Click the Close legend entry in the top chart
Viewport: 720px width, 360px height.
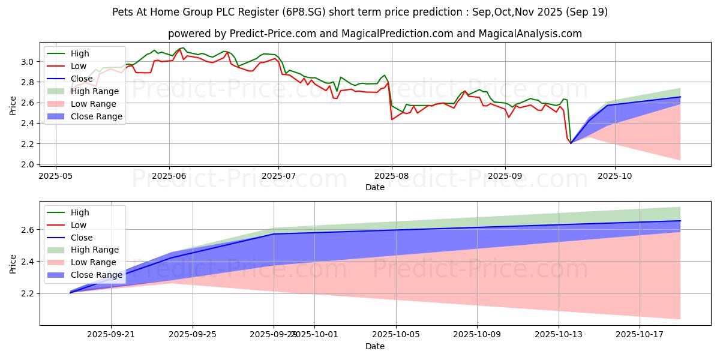[x=82, y=79]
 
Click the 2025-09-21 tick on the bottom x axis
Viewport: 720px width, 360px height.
[x=111, y=335]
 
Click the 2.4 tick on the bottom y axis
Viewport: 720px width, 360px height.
[x=27, y=262]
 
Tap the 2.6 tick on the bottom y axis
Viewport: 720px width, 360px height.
[x=27, y=230]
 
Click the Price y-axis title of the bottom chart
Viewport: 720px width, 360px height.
[x=13, y=262]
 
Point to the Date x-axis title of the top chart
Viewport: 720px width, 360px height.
[x=374, y=188]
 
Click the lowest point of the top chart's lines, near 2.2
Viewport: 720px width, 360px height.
[x=571, y=143]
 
